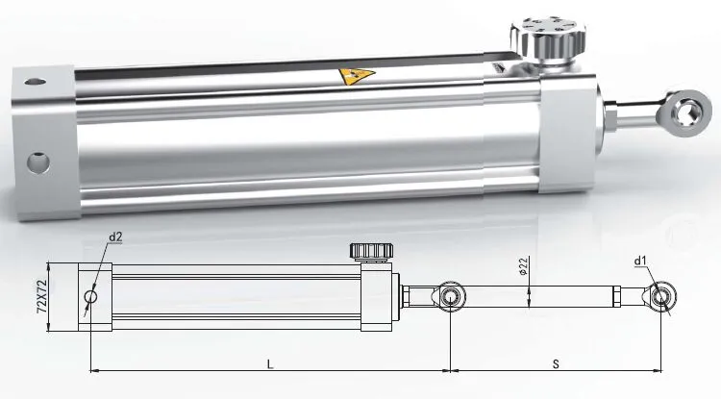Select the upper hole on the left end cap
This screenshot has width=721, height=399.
[35, 84]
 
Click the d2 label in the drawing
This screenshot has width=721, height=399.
[116, 237]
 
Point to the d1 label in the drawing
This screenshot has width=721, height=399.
[641, 260]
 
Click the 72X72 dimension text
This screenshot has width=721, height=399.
[41, 297]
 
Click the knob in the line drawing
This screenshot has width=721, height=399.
[371, 253]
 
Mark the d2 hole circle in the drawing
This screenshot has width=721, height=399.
[90, 297]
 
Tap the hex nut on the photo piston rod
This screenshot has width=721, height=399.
[611, 120]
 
